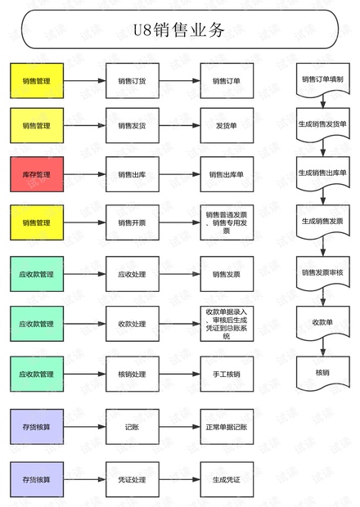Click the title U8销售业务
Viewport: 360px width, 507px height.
(x=179, y=31)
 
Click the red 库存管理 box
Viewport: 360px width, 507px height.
(x=36, y=174)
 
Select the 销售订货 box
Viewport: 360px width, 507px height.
(x=132, y=81)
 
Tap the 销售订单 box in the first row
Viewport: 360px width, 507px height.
(x=227, y=81)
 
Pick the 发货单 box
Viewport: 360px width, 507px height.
(x=227, y=126)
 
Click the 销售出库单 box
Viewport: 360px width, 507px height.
(x=227, y=174)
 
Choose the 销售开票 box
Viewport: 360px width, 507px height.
(x=132, y=222)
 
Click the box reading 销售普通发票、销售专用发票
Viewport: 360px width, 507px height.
(x=227, y=222)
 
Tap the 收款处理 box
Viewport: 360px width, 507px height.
(x=132, y=324)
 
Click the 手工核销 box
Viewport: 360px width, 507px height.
(x=227, y=374)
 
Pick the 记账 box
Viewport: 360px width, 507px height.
(x=132, y=427)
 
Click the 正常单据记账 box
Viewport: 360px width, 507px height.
(x=227, y=427)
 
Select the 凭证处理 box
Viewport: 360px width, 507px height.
(x=132, y=479)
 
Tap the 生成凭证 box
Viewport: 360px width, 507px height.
(x=227, y=479)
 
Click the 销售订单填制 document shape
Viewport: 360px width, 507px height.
(x=322, y=80)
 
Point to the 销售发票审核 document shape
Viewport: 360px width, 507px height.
(x=322, y=272)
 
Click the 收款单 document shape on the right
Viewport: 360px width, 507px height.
(x=322, y=322)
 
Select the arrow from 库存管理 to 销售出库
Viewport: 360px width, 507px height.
(x=84, y=174)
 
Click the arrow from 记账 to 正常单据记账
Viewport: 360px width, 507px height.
(x=179, y=427)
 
